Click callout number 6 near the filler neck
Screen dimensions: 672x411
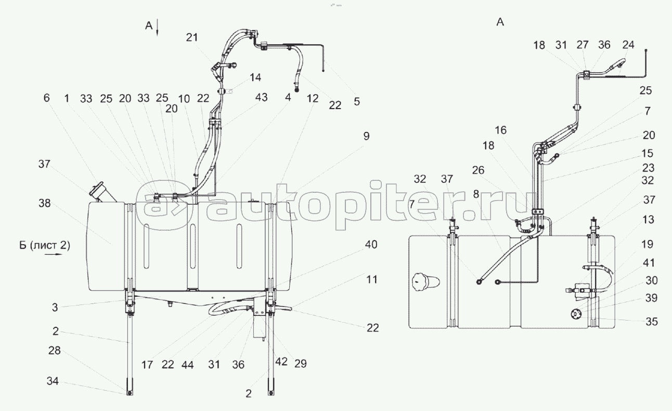(46, 98)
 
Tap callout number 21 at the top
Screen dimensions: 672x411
(192, 37)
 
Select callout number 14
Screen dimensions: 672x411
(255, 77)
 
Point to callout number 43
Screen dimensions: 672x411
(261, 97)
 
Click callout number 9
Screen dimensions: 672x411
(366, 136)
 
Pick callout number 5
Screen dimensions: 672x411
(357, 101)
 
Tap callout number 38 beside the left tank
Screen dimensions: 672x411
(45, 203)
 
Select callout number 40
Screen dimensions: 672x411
(371, 244)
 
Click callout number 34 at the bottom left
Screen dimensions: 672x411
(53, 381)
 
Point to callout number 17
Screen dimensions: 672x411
(147, 365)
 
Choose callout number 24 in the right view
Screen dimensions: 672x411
(628, 45)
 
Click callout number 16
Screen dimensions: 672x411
(501, 130)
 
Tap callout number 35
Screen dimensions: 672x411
(652, 322)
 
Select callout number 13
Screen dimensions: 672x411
(648, 219)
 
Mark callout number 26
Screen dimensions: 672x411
(478, 170)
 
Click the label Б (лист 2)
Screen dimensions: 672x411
(45, 245)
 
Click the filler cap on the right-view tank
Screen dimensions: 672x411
(426, 282)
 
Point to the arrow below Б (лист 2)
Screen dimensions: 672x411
(54, 255)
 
